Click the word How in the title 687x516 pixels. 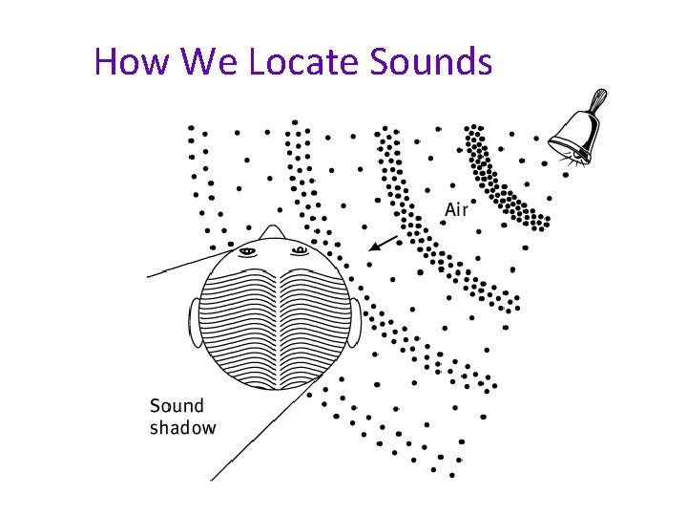point(132,62)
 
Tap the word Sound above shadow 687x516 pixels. point(177,406)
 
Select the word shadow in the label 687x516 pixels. point(182,428)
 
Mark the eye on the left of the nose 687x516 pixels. point(248,251)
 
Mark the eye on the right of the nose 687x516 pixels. point(300,251)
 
